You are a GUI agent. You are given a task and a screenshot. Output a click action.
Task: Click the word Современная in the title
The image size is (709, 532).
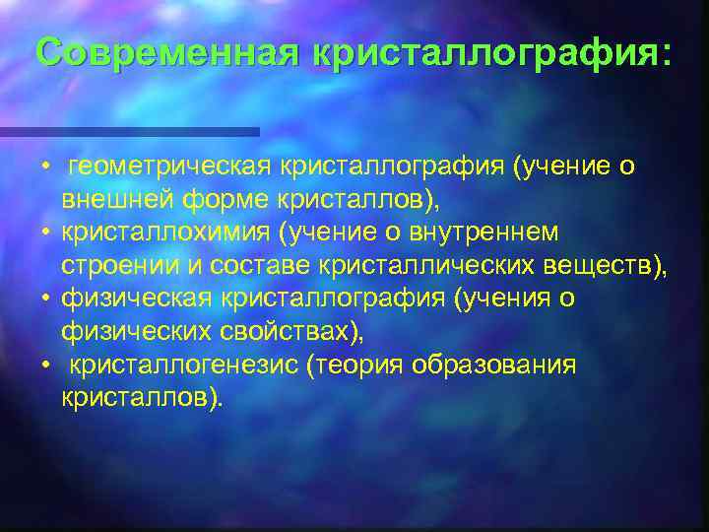pos(164,53)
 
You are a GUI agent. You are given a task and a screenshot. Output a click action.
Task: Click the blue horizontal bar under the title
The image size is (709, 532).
pos(129,131)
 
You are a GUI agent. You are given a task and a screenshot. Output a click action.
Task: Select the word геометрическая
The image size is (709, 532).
pos(167,167)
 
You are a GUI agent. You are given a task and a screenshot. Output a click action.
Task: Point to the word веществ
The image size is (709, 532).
pos(602,265)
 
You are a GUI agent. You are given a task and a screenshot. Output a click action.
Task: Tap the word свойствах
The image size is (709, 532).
pos(277,332)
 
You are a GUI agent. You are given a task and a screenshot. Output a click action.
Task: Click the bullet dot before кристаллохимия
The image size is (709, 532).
pos(45,233)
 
